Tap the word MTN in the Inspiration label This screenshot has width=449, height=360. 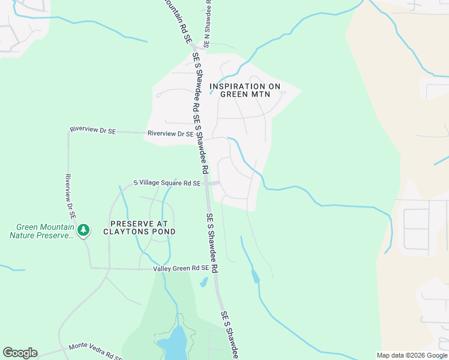pos(270,94)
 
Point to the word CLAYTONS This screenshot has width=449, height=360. pos(125,232)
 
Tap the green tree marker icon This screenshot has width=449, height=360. pos(83,229)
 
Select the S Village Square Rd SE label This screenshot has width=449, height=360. pos(166,183)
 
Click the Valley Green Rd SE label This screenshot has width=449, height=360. pos(180,268)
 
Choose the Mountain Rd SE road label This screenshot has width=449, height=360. pos(179,21)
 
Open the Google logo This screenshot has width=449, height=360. pos(20,353)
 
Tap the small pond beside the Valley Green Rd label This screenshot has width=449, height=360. pos(204,282)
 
